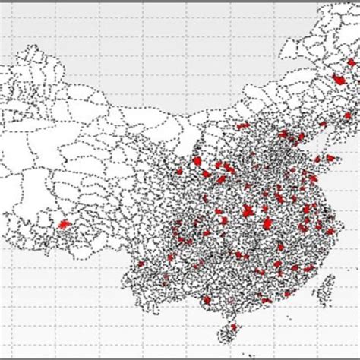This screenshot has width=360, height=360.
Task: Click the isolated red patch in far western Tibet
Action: pyautogui.click(x=64, y=224)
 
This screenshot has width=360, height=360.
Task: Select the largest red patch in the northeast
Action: pyautogui.click(x=339, y=78)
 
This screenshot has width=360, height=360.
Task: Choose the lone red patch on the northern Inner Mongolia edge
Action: pyautogui.click(x=242, y=126)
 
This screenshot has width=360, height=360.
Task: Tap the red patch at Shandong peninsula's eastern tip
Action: pyautogui.click(x=332, y=158)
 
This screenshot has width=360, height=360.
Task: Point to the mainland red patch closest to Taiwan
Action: pyautogui.click(x=306, y=267)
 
